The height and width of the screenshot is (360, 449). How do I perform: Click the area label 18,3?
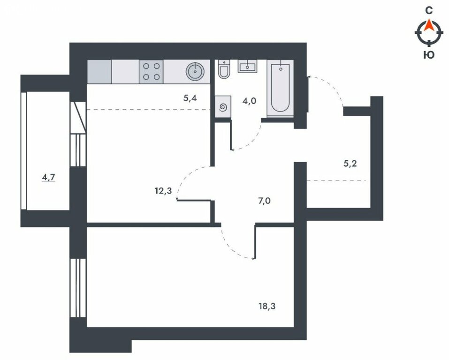tap(267, 307)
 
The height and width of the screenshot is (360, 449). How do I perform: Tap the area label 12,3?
tap(163, 191)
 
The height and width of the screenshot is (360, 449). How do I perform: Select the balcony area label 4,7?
tap(48, 178)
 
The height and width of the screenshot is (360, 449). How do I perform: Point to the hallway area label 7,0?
tap(264, 201)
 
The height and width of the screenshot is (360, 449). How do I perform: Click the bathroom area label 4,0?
tap(249, 101)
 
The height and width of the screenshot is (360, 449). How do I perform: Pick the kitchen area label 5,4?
tap(190, 98)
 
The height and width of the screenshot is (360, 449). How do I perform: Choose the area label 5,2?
tap(350, 164)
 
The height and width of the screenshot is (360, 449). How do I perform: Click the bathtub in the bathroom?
tap(280, 88)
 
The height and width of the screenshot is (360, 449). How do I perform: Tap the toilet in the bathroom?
tap(223, 69)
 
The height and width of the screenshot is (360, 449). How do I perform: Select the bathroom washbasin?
tap(247, 66)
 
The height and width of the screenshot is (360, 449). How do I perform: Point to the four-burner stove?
tap(151, 72)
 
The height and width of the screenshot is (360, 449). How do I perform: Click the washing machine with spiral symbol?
tap(223, 107)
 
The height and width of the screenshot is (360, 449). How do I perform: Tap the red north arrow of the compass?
tap(429, 25)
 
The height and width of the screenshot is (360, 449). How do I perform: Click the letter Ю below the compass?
tap(429, 54)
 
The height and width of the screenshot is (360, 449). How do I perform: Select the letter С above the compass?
tap(429, 11)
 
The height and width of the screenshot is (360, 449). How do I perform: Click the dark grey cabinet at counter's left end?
tap(99, 72)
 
